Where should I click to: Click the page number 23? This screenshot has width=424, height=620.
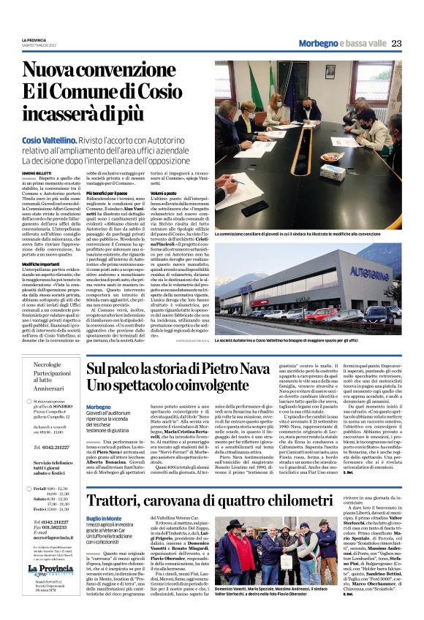click(x=395, y=43)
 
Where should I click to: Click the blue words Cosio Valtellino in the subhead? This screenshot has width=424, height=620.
click(x=49, y=139)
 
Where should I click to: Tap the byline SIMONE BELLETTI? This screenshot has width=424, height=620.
click(x=34, y=172)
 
